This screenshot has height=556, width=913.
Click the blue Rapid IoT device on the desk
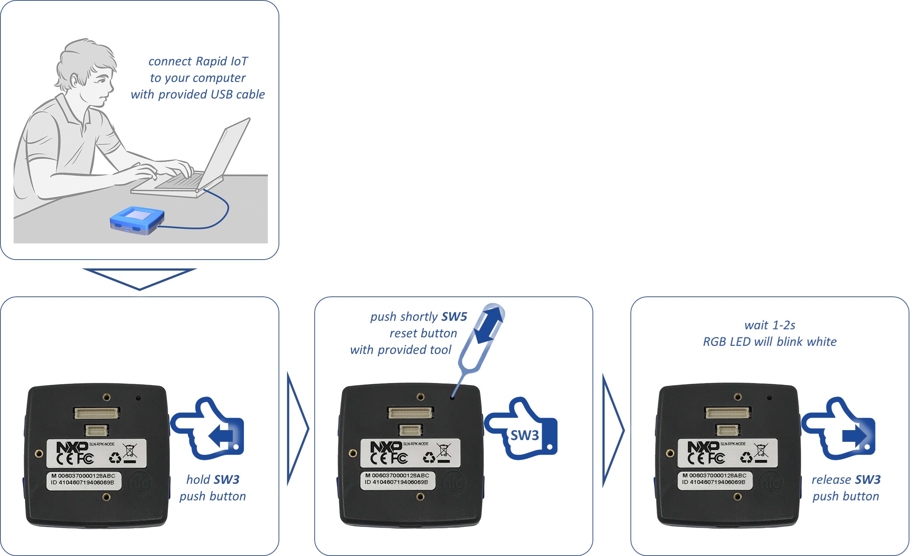point(137,221)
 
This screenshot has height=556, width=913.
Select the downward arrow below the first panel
point(139,279)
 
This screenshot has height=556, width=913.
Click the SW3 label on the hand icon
point(524,435)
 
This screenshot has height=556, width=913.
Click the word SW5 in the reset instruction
point(454,317)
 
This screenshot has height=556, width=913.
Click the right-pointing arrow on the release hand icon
point(854,435)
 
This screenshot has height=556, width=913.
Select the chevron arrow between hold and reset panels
point(298,429)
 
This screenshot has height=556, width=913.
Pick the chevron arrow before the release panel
point(613,430)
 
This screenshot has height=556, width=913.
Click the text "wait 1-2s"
point(770,325)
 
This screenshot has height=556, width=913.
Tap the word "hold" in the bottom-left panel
point(198,480)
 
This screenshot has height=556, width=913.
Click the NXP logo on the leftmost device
point(72,447)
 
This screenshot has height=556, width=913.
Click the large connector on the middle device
point(410,412)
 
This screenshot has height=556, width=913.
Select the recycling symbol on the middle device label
point(429,457)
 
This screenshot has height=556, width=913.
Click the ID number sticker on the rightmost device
point(715,479)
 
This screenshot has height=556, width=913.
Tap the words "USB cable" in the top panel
point(237,95)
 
